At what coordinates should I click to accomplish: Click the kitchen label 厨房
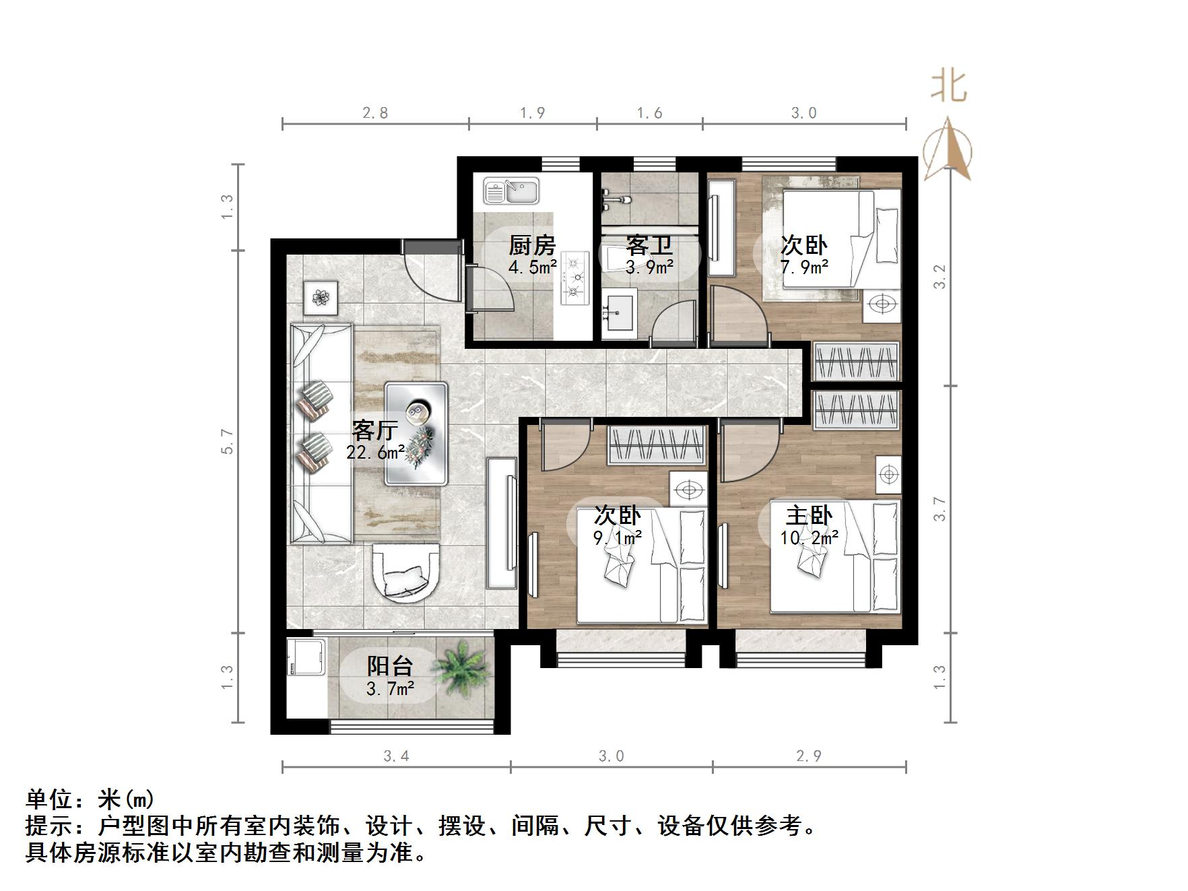(x=532, y=245)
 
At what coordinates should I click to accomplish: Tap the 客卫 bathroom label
(x=649, y=245)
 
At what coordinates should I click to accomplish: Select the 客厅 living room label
(x=375, y=430)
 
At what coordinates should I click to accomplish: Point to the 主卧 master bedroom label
(x=809, y=516)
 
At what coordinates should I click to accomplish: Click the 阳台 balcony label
(x=389, y=666)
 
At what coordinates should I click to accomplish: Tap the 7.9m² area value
(x=804, y=267)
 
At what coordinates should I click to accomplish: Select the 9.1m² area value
(x=617, y=537)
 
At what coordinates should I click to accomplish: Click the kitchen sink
(x=512, y=191)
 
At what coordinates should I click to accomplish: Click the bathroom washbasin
(x=619, y=312)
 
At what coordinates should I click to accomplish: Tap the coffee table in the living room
(x=416, y=434)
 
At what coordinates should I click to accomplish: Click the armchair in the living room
(x=405, y=573)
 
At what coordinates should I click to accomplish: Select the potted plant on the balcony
(x=461, y=667)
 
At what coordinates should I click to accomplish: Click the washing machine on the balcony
(x=306, y=657)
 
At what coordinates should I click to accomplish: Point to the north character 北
(x=949, y=86)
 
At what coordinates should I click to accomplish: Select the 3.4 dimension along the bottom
(x=396, y=756)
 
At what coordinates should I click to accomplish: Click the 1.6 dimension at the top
(x=649, y=112)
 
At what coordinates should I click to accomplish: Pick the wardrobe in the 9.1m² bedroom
(x=657, y=445)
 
